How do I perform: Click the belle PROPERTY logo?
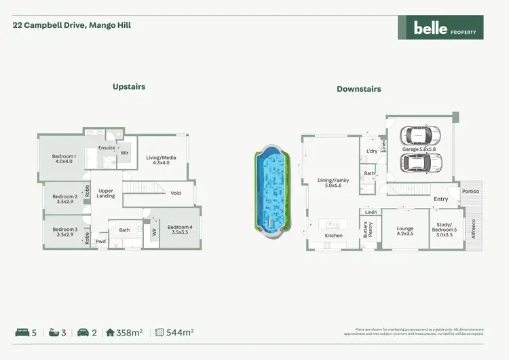click(440, 28)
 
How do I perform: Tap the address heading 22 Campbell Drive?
click(72, 25)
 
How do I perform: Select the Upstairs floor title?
click(129, 86)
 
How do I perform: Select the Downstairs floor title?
click(358, 89)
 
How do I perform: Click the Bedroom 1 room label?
click(64, 159)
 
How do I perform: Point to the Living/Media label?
click(161, 161)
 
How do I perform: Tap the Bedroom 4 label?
click(180, 230)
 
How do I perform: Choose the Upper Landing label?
click(106, 194)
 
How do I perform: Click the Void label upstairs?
click(176, 193)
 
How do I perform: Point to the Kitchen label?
click(333, 236)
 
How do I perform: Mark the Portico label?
click(470, 192)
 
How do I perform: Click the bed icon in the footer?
click(22, 332)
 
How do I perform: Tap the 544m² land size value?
click(181, 332)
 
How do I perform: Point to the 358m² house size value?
click(130, 332)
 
